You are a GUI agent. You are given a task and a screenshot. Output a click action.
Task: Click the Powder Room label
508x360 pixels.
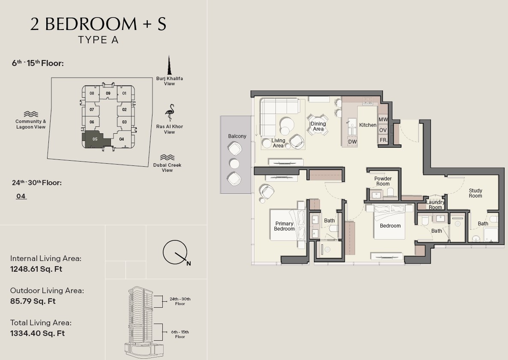click(x=383, y=181)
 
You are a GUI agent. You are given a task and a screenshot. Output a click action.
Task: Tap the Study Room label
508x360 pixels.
click(x=475, y=193)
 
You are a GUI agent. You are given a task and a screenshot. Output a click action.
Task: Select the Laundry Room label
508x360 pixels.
click(x=435, y=205)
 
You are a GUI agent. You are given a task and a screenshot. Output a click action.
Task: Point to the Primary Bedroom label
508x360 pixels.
click(x=284, y=226)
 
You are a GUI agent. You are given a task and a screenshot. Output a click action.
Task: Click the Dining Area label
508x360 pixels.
click(x=318, y=126)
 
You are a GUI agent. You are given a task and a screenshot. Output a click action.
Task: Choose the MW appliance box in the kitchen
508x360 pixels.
click(x=383, y=119)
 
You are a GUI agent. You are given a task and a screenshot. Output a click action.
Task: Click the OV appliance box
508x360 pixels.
click(x=383, y=130)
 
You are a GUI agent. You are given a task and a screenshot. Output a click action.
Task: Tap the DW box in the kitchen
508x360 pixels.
click(x=353, y=141)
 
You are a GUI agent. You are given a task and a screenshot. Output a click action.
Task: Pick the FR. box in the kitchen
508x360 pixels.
click(x=383, y=140)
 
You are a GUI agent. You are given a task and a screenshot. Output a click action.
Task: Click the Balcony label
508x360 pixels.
click(x=237, y=136)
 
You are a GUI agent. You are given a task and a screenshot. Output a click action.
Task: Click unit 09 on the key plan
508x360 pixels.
click(x=108, y=93)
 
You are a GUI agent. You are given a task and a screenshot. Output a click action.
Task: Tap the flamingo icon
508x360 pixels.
click(x=170, y=113)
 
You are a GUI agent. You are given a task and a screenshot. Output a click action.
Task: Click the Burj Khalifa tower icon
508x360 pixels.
click(x=169, y=65)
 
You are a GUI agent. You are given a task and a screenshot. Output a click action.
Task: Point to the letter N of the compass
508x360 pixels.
click(x=188, y=264)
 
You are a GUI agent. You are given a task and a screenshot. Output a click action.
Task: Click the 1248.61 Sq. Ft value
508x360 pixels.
click(x=36, y=269)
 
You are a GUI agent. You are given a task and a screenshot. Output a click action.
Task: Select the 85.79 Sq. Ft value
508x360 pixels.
click(x=33, y=301)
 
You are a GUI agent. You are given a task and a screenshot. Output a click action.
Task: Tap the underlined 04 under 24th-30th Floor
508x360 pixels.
click(x=21, y=196)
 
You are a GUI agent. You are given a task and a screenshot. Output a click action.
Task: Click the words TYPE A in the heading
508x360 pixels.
click(x=98, y=40)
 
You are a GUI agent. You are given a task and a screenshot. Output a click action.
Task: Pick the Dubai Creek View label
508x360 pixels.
click(x=167, y=168)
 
